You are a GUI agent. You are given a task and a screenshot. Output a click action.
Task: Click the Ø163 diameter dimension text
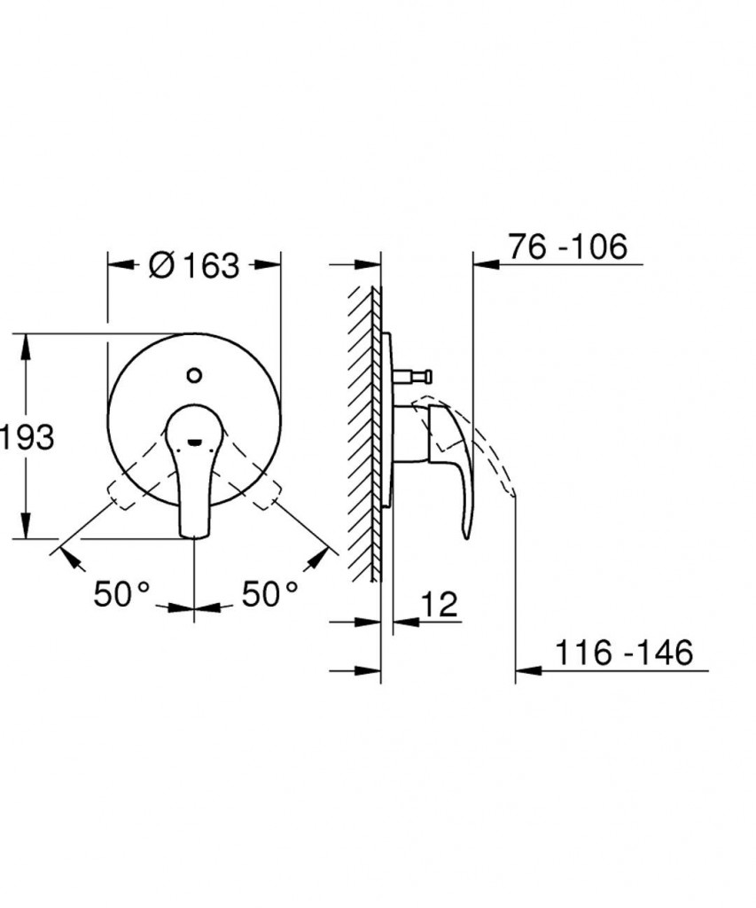(193, 265)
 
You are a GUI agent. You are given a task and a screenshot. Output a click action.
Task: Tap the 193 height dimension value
(27, 436)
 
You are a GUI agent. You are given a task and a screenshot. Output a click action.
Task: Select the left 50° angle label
(121, 593)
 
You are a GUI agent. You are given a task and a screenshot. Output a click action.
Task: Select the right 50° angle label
(269, 593)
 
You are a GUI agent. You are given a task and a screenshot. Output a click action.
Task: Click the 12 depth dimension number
(439, 604)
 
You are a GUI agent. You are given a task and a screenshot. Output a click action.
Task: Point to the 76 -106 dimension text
(568, 247)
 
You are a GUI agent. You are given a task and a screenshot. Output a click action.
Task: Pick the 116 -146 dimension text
(623, 653)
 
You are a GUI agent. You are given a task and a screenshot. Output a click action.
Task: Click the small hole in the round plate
(195, 375)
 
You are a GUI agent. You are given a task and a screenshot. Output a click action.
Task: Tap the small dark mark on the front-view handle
(196, 443)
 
